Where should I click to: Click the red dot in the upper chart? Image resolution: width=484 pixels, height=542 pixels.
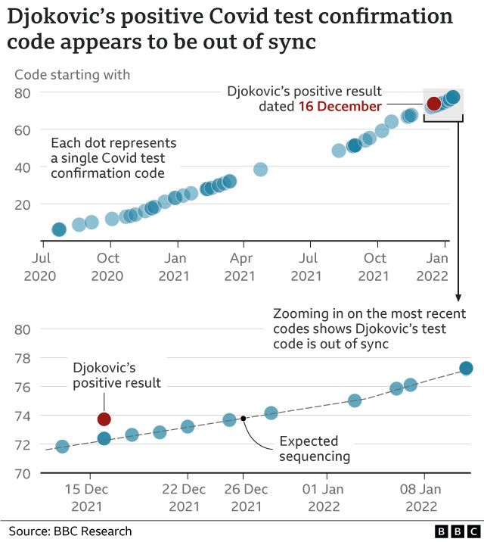click(x=434, y=104)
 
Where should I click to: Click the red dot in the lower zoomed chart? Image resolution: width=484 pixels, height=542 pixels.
click(x=104, y=419)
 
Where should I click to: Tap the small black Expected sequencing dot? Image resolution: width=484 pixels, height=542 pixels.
click(x=243, y=418)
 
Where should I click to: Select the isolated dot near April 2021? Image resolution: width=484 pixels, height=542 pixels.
click(x=260, y=169)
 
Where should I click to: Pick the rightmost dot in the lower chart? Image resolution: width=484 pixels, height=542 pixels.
click(x=466, y=368)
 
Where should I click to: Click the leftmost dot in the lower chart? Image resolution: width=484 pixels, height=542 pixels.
click(x=62, y=447)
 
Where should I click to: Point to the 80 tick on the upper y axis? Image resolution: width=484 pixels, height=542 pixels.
click(x=22, y=92)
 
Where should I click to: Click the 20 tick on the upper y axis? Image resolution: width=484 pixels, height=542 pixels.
click(x=22, y=204)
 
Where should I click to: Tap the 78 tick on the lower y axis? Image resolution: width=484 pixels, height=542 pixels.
click(x=22, y=358)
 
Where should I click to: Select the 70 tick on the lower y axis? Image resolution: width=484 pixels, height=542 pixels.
click(x=22, y=473)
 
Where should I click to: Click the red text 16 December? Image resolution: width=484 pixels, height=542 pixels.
click(x=340, y=107)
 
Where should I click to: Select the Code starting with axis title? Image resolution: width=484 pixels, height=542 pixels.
click(x=73, y=74)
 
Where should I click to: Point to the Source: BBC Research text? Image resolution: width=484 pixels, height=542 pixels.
click(x=70, y=531)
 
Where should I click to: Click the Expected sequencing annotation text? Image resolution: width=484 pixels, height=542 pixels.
click(x=315, y=448)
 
